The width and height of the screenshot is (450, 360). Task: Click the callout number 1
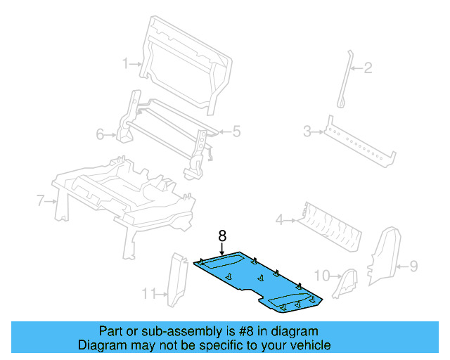[126, 63]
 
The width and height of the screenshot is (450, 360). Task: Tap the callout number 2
[367, 68]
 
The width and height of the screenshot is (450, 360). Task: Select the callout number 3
[307, 130]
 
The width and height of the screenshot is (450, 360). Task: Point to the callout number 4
[279, 220]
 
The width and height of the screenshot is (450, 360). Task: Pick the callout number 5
[237, 130]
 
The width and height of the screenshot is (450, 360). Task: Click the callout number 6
[100, 134]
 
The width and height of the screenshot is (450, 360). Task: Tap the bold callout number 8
[222, 237]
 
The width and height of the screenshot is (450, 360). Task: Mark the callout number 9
[413, 266]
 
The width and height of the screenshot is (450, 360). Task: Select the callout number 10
[321, 274]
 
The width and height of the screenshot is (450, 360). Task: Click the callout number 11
[147, 292]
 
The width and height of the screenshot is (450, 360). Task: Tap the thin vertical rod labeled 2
[345, 77]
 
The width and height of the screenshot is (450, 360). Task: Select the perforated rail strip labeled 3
[359, 144]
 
